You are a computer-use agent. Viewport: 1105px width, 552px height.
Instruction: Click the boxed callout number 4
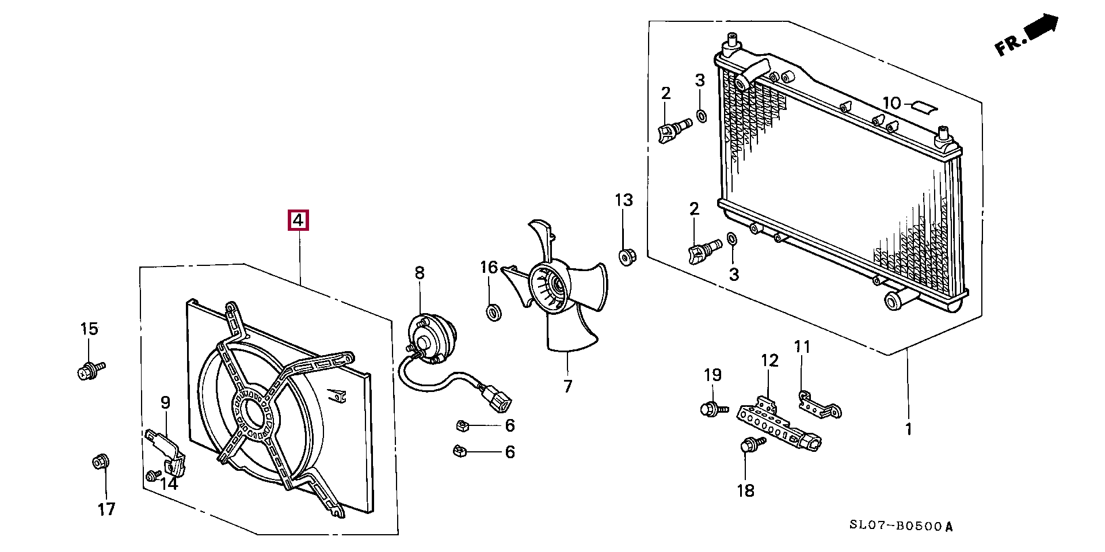tap(298, 220)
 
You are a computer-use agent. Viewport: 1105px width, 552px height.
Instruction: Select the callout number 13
tap(623, 200)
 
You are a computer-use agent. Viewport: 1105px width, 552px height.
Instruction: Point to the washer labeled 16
tap(494, 313)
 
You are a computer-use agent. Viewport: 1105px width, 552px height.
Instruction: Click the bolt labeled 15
tap(90, 370)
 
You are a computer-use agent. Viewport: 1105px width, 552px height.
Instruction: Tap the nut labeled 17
tap(101, 462)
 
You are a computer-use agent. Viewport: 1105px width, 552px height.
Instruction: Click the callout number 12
tap(769, 361)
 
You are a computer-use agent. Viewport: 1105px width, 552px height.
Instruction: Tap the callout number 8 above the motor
tap(419, 273)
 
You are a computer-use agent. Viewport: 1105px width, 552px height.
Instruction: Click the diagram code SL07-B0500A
tap(901, 526)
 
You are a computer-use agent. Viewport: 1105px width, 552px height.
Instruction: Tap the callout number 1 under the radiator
tap(908, 429)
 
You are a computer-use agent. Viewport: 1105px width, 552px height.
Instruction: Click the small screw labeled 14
tap(153, 475)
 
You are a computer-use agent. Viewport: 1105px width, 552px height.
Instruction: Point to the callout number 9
tap(165, 403)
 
